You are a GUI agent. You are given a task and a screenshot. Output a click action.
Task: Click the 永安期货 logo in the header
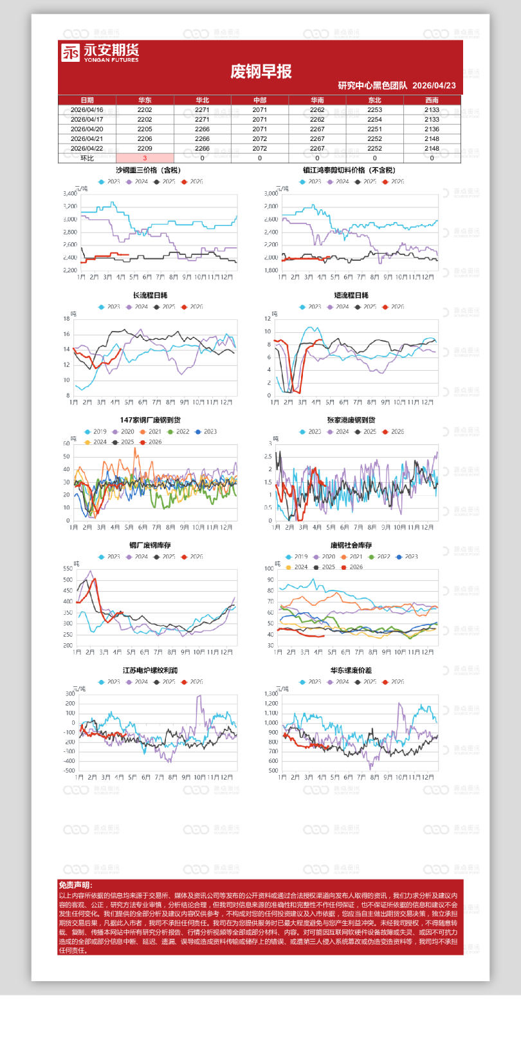(100, 53)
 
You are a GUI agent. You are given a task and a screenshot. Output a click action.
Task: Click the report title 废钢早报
(260, 71)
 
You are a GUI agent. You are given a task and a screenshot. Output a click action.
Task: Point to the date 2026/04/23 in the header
(434, 86)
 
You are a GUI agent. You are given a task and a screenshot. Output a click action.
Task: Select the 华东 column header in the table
(145, 100)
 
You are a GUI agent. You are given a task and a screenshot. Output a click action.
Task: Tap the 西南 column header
(432, 100)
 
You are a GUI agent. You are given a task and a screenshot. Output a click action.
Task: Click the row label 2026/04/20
(87, 129)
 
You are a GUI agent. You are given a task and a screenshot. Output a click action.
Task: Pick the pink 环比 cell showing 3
(145, 158)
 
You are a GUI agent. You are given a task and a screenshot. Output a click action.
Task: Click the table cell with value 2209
(145, 149)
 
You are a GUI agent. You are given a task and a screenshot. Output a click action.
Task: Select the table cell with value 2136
(432, 129)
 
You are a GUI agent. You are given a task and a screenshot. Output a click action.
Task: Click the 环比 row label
(87, 158)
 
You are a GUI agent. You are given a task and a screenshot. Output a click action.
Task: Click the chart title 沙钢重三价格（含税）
(148, 171)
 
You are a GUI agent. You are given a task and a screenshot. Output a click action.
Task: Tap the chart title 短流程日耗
(351, 296)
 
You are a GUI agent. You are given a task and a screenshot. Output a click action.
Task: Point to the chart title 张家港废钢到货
(351, 420)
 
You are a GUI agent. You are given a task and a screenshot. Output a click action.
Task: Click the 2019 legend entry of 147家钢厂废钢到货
(96, 432)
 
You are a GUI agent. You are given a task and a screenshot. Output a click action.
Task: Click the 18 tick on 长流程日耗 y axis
(66, 319)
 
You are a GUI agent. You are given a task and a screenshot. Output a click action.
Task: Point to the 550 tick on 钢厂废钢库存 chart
(68, 568)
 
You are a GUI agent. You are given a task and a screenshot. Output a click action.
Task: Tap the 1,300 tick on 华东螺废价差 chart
(271, 694)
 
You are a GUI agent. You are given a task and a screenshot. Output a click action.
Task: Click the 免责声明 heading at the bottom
(75, 885)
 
